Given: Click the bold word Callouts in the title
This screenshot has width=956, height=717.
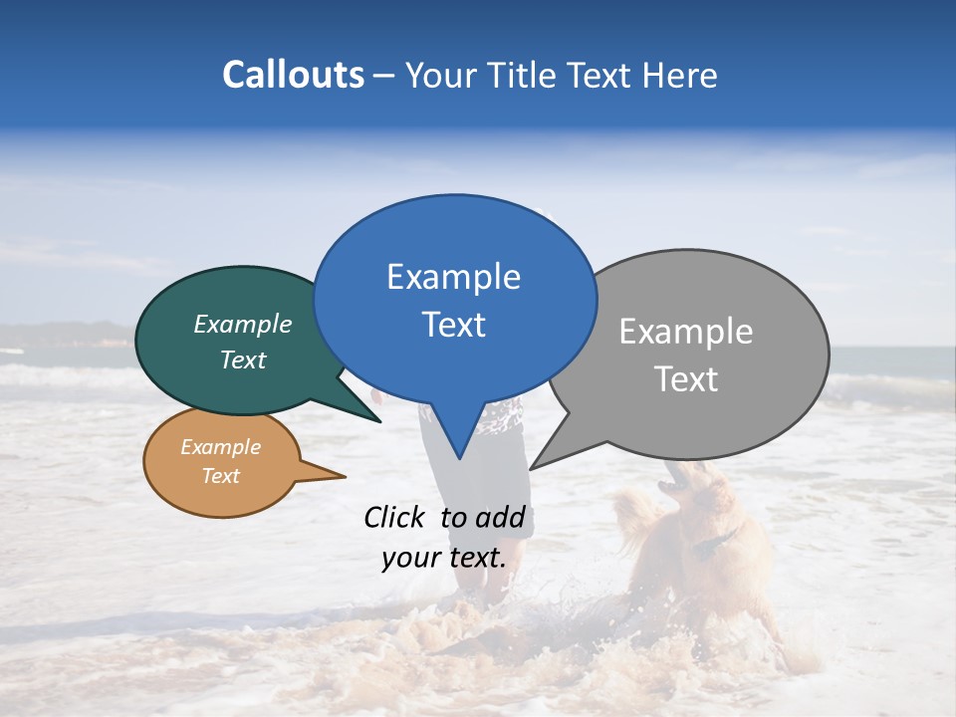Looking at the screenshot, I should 293,75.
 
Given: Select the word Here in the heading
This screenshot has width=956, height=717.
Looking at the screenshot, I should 680,75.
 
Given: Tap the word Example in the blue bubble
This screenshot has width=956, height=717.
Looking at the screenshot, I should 453,277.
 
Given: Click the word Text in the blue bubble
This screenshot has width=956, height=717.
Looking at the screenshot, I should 453,324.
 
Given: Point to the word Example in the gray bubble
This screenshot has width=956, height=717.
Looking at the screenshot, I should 685,332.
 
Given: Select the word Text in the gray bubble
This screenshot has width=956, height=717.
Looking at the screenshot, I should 685,378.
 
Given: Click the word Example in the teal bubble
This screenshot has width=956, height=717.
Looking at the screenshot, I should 243,325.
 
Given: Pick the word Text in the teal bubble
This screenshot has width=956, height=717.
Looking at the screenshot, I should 243,359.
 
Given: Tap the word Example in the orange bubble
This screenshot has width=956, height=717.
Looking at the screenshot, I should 220,447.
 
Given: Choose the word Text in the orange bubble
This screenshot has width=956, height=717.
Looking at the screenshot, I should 220,476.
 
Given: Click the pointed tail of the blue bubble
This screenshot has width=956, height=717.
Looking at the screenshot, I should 459,455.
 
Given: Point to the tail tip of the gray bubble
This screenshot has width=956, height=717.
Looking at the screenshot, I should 533,466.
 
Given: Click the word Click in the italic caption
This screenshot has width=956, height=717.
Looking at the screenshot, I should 396,517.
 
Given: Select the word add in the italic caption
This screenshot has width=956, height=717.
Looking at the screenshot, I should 500,517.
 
